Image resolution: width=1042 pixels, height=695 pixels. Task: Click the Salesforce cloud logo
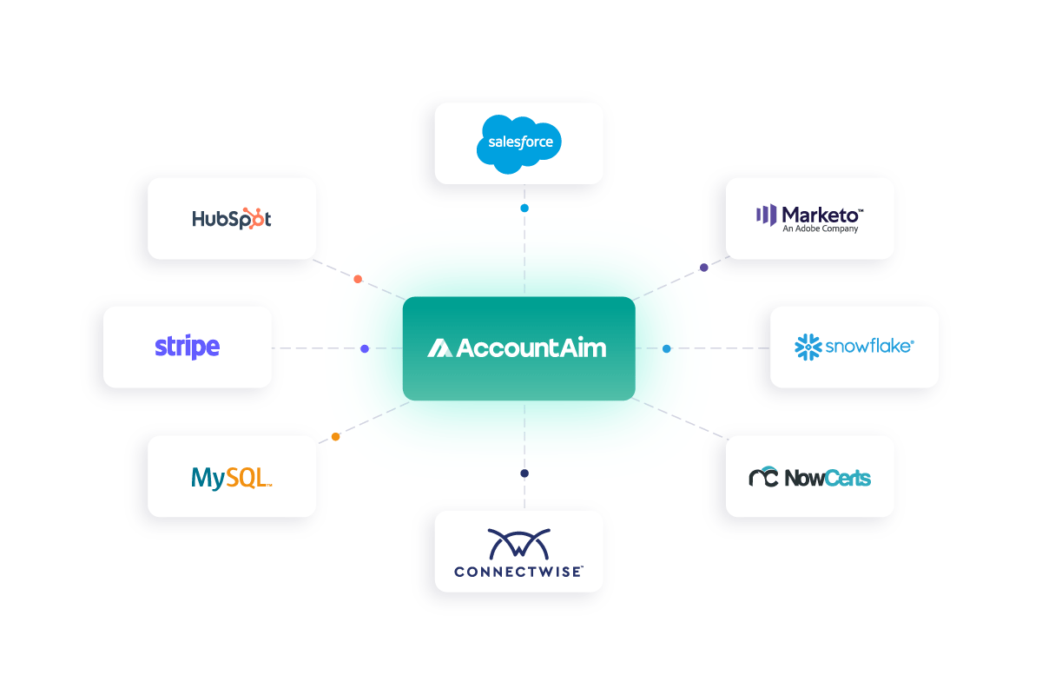click(x=519, y=142)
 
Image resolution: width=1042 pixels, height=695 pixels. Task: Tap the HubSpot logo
click(x=231, y=218)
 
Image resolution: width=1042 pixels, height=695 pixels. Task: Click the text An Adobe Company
click(x=820, y=229)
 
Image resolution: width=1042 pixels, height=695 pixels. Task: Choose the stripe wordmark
click(x=187, y=347)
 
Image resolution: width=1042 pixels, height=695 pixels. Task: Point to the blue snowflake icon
click(x=808, y=347)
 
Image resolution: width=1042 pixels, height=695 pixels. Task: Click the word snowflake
click(x=868, y=347)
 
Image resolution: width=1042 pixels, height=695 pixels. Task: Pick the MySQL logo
click(x=231, y=477)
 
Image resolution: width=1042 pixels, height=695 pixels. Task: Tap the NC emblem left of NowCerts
click(x=763, y=477)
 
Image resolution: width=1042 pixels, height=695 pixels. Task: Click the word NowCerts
click(x=828, y=477)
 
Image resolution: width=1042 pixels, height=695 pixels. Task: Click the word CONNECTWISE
click(x=518, y=572)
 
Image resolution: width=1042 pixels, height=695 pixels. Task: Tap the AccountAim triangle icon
click(x=439, y=348)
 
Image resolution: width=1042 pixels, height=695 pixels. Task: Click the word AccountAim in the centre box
click(x=531, y=348)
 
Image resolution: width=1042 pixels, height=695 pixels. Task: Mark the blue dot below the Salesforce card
click(x=524, y=208)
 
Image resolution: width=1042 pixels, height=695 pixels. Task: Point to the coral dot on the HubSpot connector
click(x=358, y=279)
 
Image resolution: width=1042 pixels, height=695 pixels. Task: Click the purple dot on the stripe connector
click(x=365, y=348)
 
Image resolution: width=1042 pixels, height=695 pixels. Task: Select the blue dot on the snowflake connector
click(x=667, y=348)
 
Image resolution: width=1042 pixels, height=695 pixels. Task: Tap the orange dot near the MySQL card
click(x=335, y=437)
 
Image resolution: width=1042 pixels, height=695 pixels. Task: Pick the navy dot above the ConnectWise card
click(x=524, y=473)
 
